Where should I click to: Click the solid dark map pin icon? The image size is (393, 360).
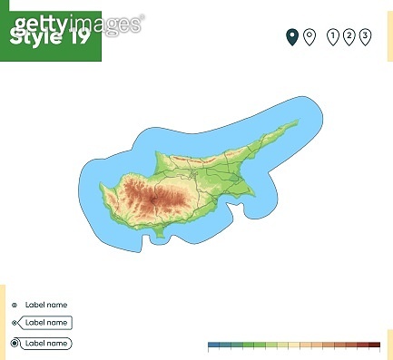(291, 36)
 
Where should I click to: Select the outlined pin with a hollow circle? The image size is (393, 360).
(309, 36)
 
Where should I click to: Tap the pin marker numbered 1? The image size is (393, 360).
(333, 36)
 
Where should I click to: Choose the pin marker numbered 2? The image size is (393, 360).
(349, 36)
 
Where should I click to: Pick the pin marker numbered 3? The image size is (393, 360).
(365, 36)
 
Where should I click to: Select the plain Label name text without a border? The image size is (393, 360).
(46, 305)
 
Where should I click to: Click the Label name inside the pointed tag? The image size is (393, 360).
(46, 323)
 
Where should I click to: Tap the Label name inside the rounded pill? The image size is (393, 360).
(46, 343)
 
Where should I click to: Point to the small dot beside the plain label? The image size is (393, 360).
(15, 305)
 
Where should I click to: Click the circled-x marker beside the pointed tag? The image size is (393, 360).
(15, 323)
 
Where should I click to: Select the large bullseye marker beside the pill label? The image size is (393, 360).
(15, 343)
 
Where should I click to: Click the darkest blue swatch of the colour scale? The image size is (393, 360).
(214, 345)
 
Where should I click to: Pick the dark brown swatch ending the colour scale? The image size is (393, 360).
(374, 345)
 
